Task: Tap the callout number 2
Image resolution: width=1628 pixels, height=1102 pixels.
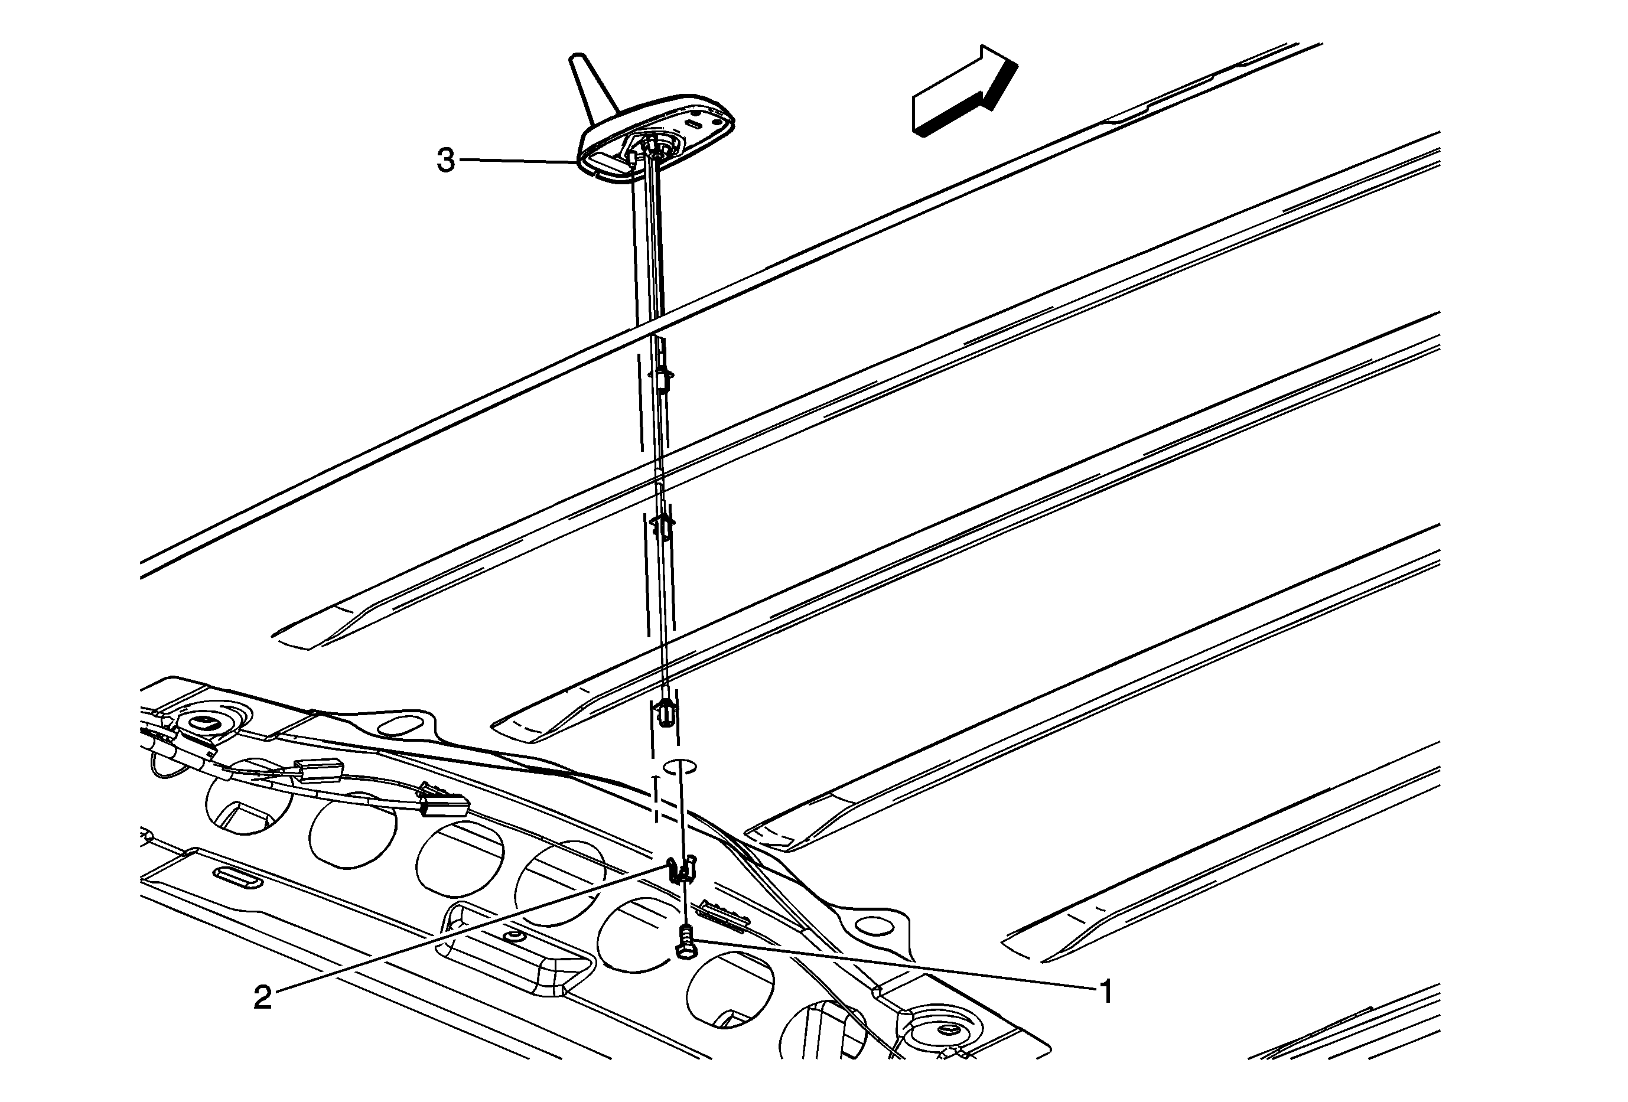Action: [262, 997]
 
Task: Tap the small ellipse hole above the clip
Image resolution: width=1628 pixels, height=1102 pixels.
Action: [679, 765]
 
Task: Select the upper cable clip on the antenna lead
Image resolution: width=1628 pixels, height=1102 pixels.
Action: [663, 376]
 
